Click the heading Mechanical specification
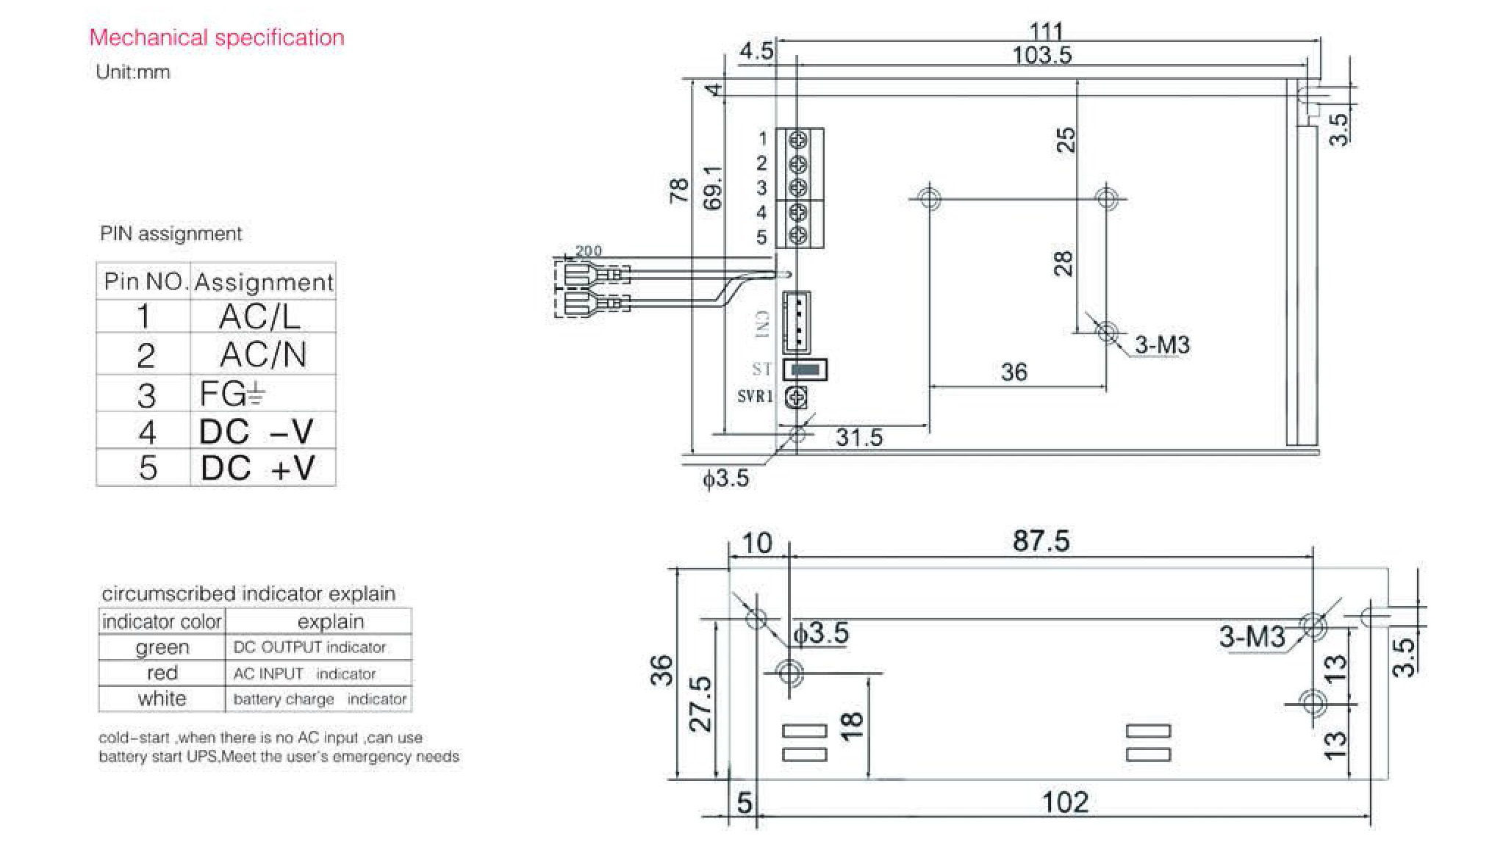coord(217,37)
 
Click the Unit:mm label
coord(133,72)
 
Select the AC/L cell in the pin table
coord(260,317)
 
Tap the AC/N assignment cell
coord(262,355)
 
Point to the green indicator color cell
coord(162,647)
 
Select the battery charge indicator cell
coord(319,699)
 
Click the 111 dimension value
coord(1046,31)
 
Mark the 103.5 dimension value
coord(1041,55)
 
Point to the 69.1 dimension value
coord(712,188)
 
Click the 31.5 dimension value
coord(859,438)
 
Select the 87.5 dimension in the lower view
coord(1041,541)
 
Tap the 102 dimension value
coord(1065,802)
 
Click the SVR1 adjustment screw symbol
coord(796,397)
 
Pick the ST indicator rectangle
coord(806,370)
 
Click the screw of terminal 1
coord(799,139)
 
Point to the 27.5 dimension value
coord(700,704)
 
